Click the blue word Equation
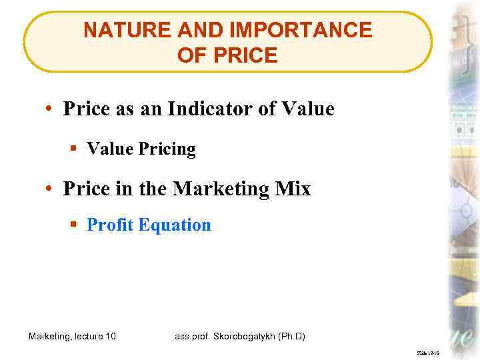[174, 225]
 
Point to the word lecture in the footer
[85, 336]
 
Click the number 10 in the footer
[110, 336]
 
